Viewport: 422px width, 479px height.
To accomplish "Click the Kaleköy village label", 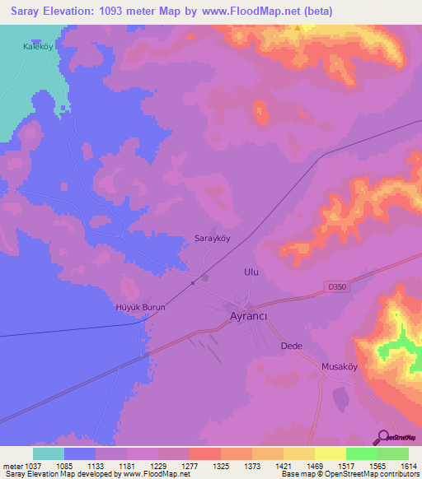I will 38,48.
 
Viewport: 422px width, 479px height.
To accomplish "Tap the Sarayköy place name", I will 211,239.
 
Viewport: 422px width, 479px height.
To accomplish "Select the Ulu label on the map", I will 252,271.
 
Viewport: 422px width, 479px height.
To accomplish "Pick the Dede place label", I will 293,346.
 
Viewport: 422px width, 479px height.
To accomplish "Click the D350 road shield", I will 331,286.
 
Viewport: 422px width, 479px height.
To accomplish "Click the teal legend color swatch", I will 48,453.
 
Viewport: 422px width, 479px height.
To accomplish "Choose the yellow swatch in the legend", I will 330,453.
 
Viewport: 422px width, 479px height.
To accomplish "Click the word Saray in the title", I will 24,11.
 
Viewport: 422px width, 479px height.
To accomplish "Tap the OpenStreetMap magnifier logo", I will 382,437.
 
